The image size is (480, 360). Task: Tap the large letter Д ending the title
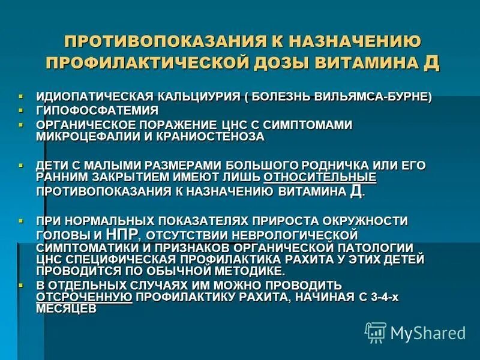[x=431, y=62]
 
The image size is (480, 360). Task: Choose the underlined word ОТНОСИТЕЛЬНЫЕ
[x=320, y=177]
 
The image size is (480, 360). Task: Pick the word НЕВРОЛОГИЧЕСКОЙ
[x=299, y=233]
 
